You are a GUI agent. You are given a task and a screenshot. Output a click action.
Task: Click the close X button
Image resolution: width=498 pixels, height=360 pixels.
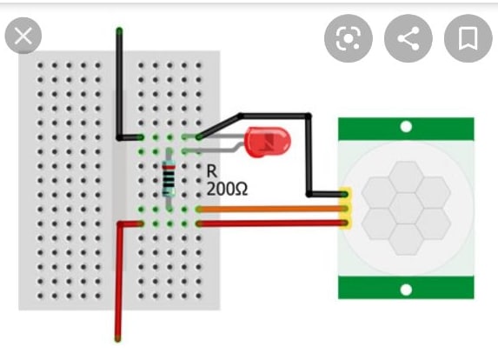[23, 36]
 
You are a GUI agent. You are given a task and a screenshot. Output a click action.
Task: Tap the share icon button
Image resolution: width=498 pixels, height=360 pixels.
[408, 38]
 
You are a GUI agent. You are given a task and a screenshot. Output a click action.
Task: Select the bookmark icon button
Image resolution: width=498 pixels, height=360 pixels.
[468, 38]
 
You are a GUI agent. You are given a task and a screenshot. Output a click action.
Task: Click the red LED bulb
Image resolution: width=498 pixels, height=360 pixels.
[269, 142]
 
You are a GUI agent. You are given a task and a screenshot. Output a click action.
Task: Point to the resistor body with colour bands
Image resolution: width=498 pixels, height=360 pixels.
[169, 178]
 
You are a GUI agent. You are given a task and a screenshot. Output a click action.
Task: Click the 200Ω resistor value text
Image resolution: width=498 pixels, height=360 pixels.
[227, 189]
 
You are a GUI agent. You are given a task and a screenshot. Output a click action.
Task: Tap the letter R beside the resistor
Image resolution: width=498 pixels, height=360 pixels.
[212, 171]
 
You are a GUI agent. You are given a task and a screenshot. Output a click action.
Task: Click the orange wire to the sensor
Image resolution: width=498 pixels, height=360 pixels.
[271, 209]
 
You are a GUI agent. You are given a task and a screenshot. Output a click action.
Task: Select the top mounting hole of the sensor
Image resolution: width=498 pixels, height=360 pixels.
[406, 127]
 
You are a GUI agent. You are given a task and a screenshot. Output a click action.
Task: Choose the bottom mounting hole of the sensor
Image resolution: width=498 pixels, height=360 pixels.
[406, 290]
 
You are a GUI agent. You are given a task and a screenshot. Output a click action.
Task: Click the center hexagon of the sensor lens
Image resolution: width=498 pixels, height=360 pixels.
[406, 208]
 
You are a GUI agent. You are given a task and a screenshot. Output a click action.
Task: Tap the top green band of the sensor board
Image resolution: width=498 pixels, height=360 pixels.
[406, 129]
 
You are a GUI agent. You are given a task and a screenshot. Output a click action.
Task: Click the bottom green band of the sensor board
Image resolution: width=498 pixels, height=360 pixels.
[406, 288]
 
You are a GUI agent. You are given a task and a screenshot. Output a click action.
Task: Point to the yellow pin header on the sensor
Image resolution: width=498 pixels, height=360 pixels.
[346, 208]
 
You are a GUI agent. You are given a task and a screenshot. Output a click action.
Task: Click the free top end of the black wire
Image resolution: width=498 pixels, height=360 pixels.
[119, 30]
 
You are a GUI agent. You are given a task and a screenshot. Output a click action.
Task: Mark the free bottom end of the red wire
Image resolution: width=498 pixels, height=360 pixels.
[118, 339]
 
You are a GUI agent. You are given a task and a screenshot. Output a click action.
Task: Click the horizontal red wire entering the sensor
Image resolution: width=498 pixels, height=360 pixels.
[271, 223]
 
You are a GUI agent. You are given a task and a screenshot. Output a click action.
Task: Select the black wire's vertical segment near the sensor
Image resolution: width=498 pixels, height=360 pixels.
[309, 155]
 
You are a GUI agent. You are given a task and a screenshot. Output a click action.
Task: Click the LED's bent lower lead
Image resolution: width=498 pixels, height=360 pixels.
[216, 150]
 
